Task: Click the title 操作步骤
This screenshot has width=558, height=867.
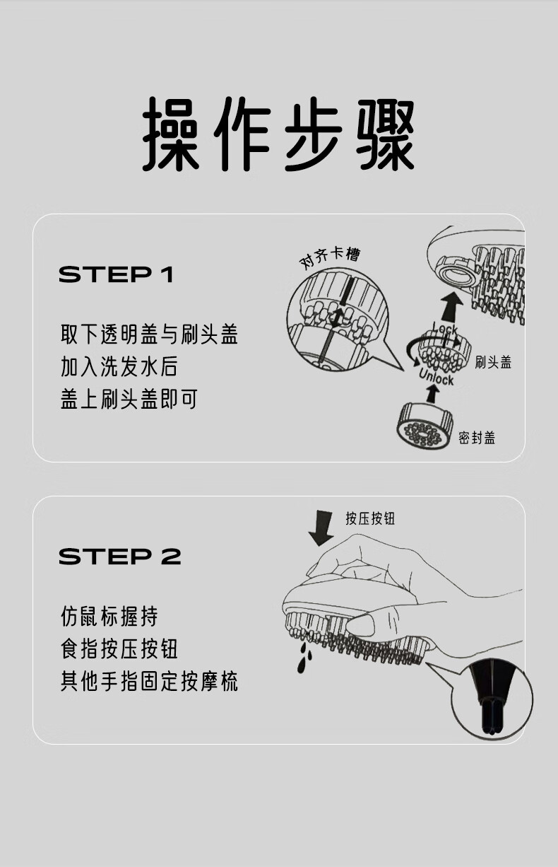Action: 278,134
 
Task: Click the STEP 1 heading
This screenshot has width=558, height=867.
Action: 116,274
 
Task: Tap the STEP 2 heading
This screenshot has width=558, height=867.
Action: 120,557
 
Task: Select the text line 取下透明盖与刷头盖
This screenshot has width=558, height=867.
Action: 149,334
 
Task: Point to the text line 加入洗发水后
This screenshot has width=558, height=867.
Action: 119,366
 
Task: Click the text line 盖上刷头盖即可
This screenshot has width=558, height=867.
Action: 129,399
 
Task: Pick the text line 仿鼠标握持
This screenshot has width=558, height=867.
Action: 109,616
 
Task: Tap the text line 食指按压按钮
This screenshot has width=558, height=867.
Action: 119,648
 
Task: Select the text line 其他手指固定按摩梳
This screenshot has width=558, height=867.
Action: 149,681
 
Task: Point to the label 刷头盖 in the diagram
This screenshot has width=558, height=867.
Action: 493,362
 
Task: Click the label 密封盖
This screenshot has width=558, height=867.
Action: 477,438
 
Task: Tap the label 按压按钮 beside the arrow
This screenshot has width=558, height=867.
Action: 370,518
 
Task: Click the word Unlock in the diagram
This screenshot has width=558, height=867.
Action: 437,377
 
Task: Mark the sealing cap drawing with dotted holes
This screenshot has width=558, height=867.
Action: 425,427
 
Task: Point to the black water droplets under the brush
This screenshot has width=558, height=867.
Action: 304,658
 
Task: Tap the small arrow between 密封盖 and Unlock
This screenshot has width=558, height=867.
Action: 432,394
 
